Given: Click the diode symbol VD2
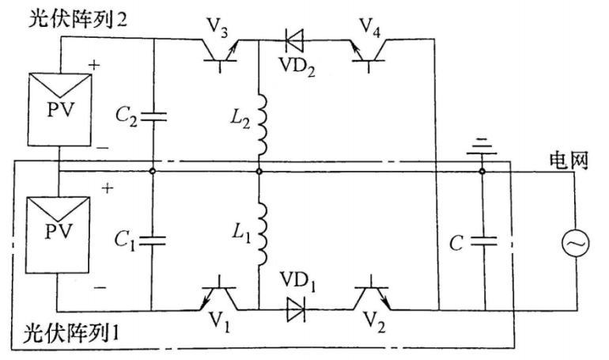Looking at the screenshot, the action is point(295,40).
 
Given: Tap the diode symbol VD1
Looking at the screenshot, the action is point(296,309).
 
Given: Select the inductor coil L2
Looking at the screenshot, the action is point(262,124).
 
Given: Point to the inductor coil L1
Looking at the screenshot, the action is point(262,233).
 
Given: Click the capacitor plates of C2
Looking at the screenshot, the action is point(153,117).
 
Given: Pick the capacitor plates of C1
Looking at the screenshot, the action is point(152,241).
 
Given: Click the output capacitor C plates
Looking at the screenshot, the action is point(484,241).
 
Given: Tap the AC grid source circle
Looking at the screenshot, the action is point(576,243).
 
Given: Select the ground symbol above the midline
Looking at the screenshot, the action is point(482,147).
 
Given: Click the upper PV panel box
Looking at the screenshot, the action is point(59,110).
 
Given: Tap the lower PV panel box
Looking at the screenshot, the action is point(58,235).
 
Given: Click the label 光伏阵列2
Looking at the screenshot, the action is point(78,19).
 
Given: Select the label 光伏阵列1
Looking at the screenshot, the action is point(70,333).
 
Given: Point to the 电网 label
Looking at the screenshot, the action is point(569,160).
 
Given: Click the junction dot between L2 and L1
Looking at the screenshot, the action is point(259,171).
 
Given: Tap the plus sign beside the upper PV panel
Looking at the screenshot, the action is point(94,65).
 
